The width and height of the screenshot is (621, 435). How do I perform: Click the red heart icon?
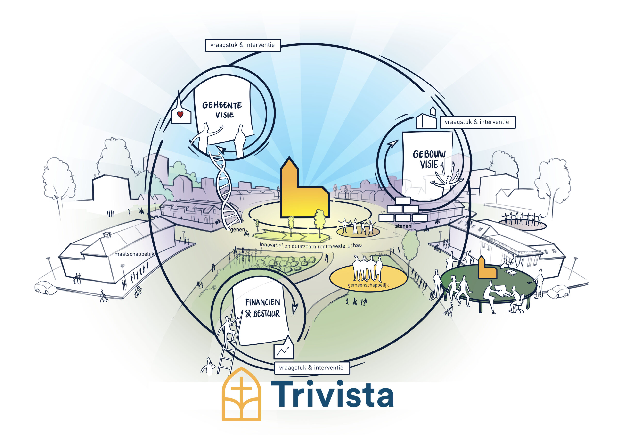point(180,115)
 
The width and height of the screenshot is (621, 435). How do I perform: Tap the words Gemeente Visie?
point(222,110)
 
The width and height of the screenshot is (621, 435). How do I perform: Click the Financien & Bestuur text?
point(262,308)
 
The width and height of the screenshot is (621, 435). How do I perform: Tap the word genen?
point(237,230)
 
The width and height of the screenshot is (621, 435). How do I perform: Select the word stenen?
point(403,226)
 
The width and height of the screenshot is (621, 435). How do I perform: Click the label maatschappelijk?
point(134,254)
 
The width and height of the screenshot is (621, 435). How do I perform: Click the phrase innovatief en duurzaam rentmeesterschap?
point(310,245)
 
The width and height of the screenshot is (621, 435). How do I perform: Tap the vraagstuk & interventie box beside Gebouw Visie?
point(477,122)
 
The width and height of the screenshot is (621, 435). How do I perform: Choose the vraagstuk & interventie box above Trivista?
point(311,368)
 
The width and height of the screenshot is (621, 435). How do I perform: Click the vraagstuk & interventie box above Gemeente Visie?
point(243,45)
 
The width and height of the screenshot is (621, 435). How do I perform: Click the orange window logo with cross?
point(241,394)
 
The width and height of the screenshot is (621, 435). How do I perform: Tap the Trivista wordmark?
point(332,394)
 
